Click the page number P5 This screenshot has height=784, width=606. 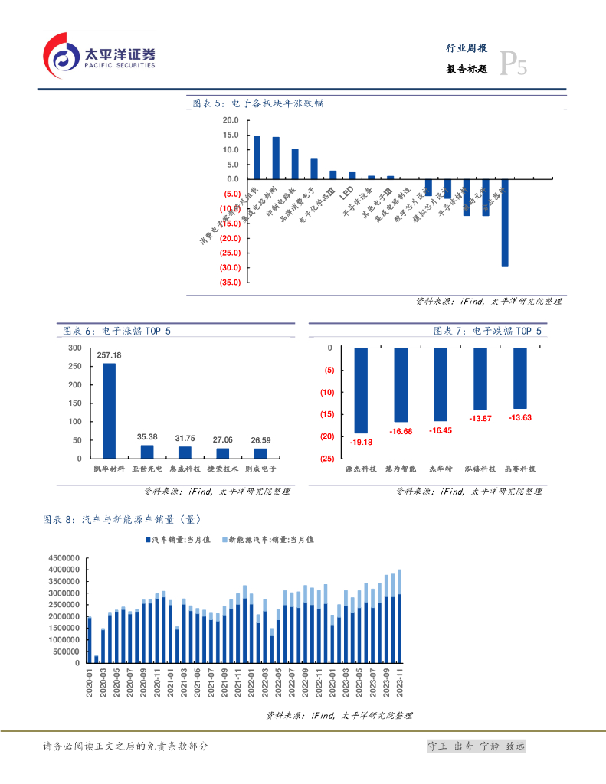(x=513, y=65)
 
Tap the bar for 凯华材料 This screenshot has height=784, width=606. (x=109, y=410)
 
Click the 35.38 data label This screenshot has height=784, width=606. (x=147, y=436)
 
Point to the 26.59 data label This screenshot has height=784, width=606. (x=260, y=440)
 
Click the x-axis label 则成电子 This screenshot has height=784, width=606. (x=260, y=468)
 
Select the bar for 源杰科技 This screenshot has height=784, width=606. (x=361, y=390)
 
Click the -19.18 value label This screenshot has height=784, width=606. (x=361, y=443)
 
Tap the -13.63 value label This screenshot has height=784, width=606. (x=520, y=417)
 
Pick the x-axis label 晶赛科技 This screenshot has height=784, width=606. (x=520, y=468)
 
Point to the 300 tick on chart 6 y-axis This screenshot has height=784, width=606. (x=74, y=348)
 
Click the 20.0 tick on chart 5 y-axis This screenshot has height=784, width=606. (x=231, y=120)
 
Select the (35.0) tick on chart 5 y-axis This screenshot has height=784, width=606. (x=231, y=283)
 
